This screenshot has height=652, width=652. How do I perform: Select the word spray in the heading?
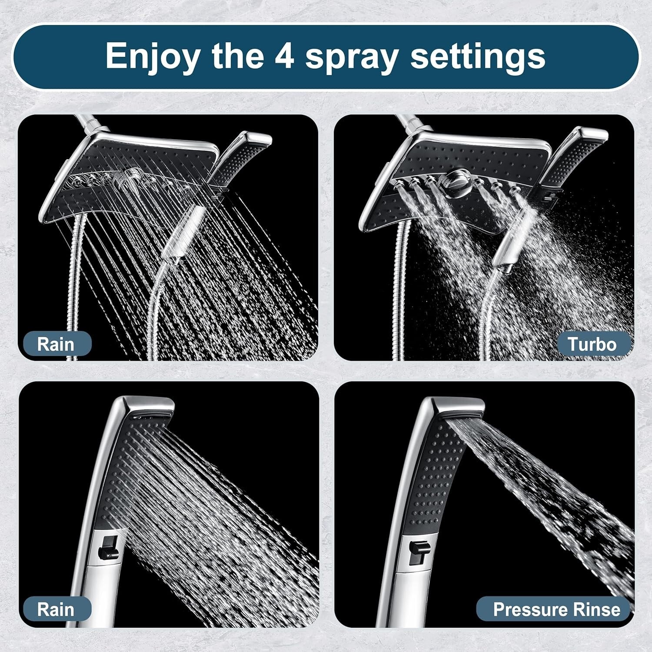[x=351, y=57]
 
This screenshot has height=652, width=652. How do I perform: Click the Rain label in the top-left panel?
[x=55, y=344]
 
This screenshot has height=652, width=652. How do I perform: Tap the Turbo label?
[x=592, y=344]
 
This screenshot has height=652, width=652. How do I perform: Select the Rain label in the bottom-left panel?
[x=55, y=609]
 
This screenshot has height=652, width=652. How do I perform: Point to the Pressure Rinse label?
[x=556, y=609]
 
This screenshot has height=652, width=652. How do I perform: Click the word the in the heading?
[x=237, y=57]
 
